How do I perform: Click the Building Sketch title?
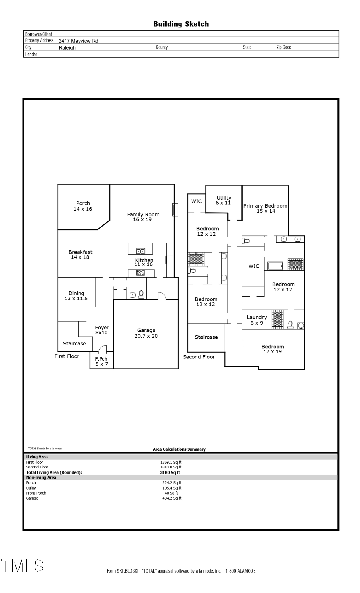pyautogui.click(x=181, y=24)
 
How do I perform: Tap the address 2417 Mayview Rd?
pyautogui.click(x=78, y=41)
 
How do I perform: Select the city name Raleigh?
pyautogui.click(x=67, y=48)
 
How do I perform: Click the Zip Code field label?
pyautogui.click(x=283, y=47)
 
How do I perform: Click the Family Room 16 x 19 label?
pyautogui.click(x=143, y=217)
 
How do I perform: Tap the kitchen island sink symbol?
pyautogui.click(x=141, y=251)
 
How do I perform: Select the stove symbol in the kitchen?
pyautogui.click(x=141, y=272)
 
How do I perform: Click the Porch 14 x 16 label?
pyautogui.click(x=83, y=206)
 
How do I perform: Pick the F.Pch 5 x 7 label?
pyautogui.click(x=101, y=361)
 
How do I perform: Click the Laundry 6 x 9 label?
pyautogui.click(x=257, y=320)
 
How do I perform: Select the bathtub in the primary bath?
pyautogui.click(x=275, y=265)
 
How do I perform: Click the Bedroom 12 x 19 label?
pyautogui.click(x=273, y=349)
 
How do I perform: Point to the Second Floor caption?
pyautogui.click(x=199, y=357)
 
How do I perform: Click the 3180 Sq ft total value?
pyautogui.click(x=170, y=473)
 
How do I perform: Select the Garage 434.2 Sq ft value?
pyautogui.click(x=172, y=498)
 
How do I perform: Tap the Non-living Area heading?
pyautogui.click(x=41, y=478)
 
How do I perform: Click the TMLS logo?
pyautogui.click(x=23, y=566)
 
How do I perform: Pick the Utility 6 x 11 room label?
pyautogui.click(x=224, y=200)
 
